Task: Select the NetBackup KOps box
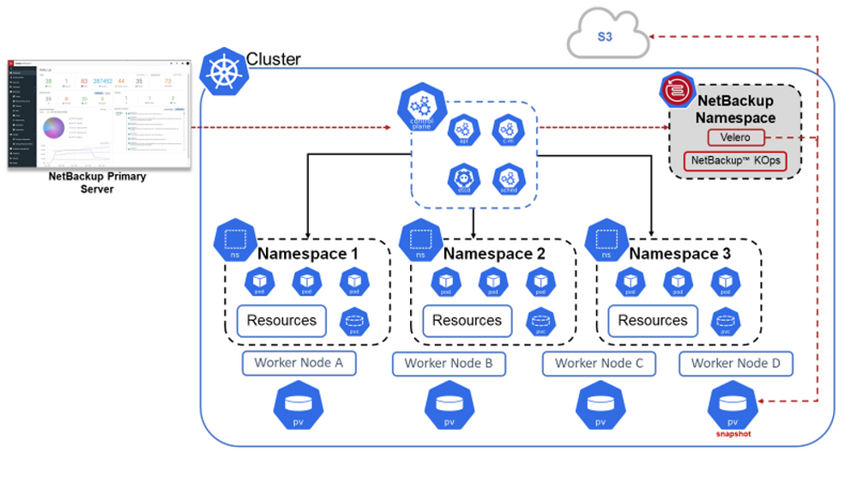coord(735,160)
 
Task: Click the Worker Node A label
coord(299,363)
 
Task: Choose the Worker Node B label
coord(449,363)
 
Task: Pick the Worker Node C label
coord(599,363)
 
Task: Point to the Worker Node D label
coord(735,363)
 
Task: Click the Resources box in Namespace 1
coord(281,321)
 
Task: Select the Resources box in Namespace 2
coord(467,321)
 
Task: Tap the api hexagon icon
coord(463,130)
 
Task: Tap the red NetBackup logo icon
coord(675,87)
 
